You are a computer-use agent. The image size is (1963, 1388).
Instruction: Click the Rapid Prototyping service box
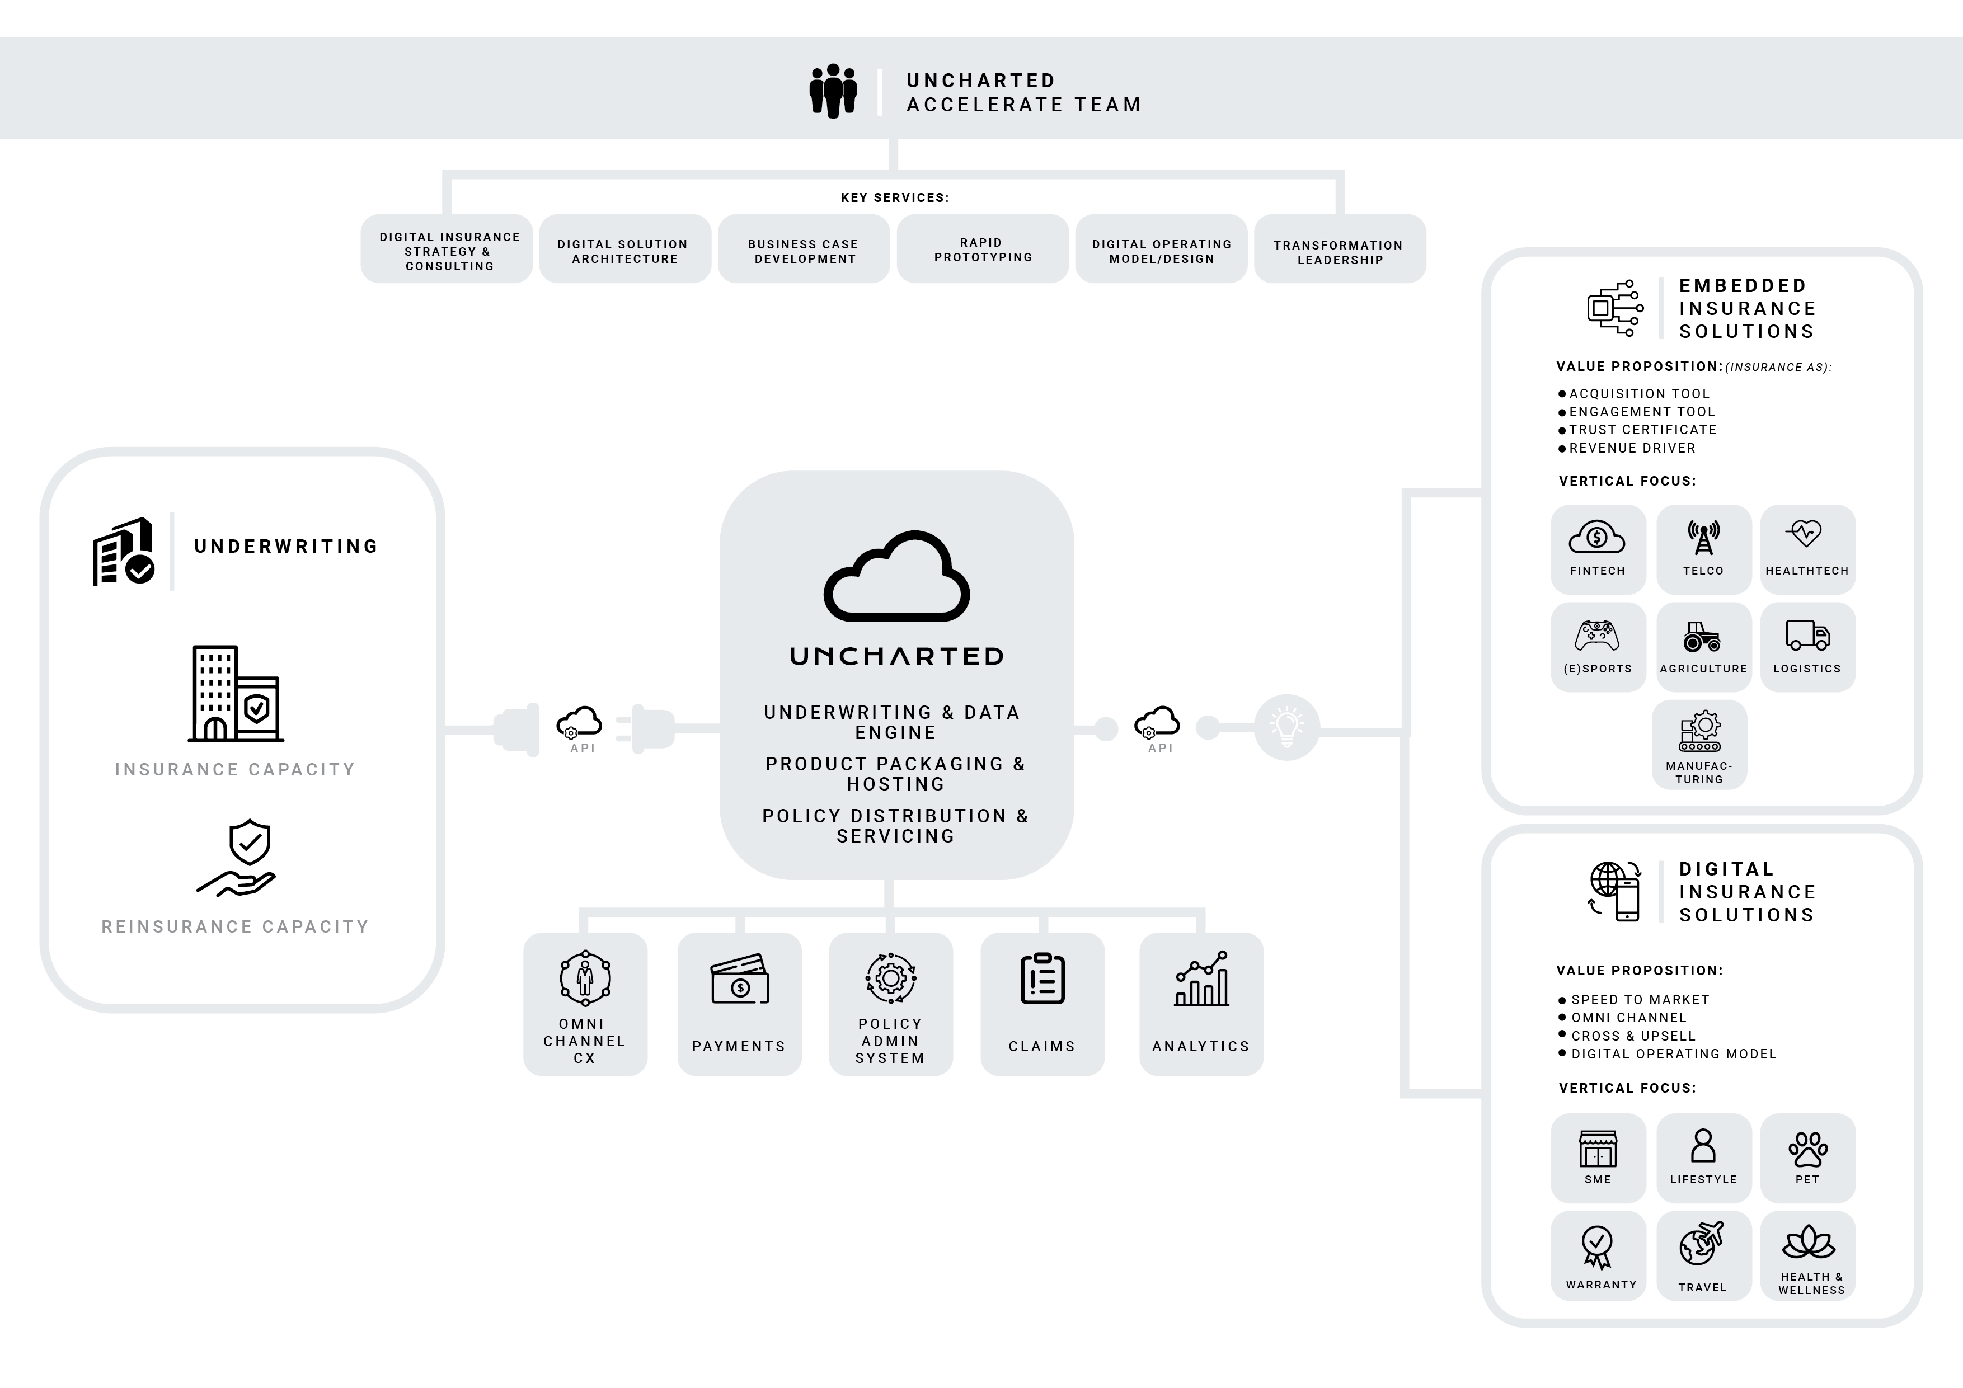click(983, 249)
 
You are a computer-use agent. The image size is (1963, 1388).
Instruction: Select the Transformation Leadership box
click(1340, 249)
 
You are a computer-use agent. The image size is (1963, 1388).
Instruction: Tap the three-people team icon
click(833, 91)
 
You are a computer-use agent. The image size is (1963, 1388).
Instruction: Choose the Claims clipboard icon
click(1042, 978)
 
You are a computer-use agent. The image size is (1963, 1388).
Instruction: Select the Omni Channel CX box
click(585, 1004)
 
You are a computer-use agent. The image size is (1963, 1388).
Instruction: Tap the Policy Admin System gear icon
click(890, 978)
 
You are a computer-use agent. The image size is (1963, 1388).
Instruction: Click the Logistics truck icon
click(1807, 635)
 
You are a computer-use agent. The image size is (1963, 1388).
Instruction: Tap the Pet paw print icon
click(1807, 1149)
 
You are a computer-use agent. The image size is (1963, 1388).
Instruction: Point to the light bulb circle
click(1286, 727)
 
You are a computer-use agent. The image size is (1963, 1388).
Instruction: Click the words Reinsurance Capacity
click(235, 926)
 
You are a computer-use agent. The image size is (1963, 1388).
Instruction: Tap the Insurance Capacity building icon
click(236, 693)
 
